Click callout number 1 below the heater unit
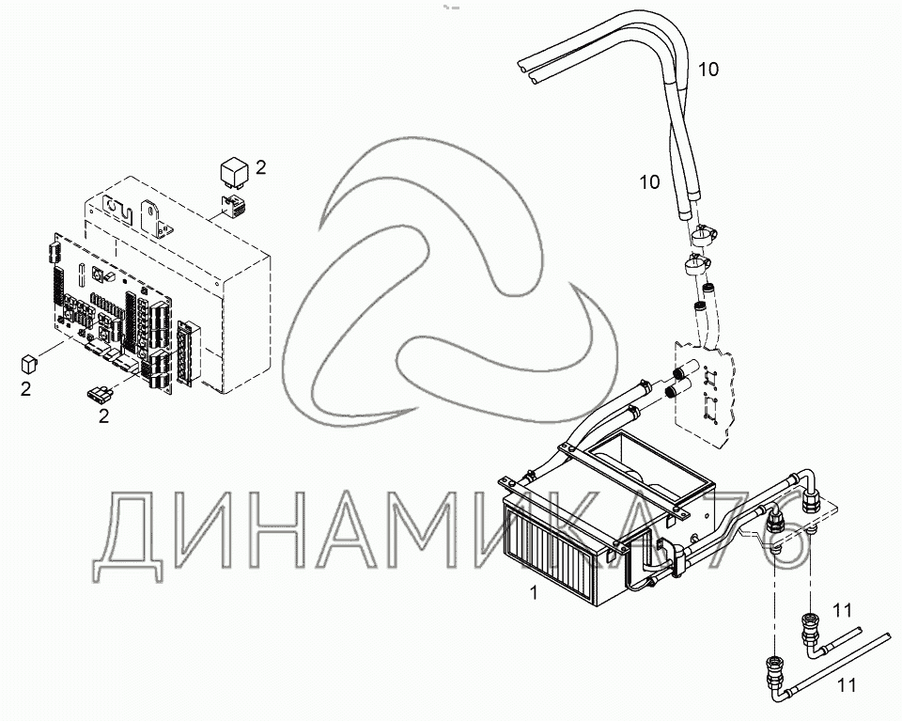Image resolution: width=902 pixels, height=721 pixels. click(x=535, y=593)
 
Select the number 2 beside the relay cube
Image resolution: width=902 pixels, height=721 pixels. click(x=261, y=168)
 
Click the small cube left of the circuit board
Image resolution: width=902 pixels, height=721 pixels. click(x=30, y=361)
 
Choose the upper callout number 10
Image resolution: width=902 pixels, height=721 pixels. click(x=708, y=69)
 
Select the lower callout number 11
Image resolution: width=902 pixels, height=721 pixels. click(x=847, y=686)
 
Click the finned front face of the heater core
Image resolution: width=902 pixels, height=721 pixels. click(x=551, y=555)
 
